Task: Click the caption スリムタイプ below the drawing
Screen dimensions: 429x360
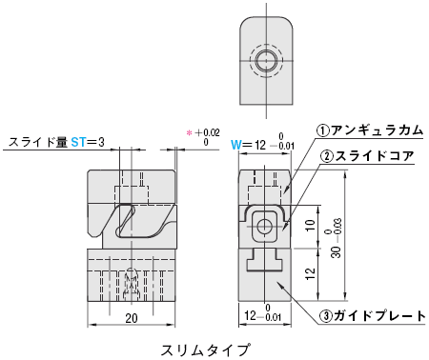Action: [x=205, y=350]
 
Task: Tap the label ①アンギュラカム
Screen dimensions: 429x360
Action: [x=370, y=130]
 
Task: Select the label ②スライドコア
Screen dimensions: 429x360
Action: [x=367, y=156]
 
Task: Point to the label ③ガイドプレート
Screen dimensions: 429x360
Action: [x=373, y=316]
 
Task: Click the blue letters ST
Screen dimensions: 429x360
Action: [x=78, y=142]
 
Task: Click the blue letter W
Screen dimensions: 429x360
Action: [x=236, y=145]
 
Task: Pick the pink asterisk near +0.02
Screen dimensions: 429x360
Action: [x=190, y=133]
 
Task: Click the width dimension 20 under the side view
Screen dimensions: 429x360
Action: [x=132, y=318]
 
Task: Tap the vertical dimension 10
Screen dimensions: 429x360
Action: [x=310, y=225]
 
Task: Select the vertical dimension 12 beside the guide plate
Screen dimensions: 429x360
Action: [x=310, y=273]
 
